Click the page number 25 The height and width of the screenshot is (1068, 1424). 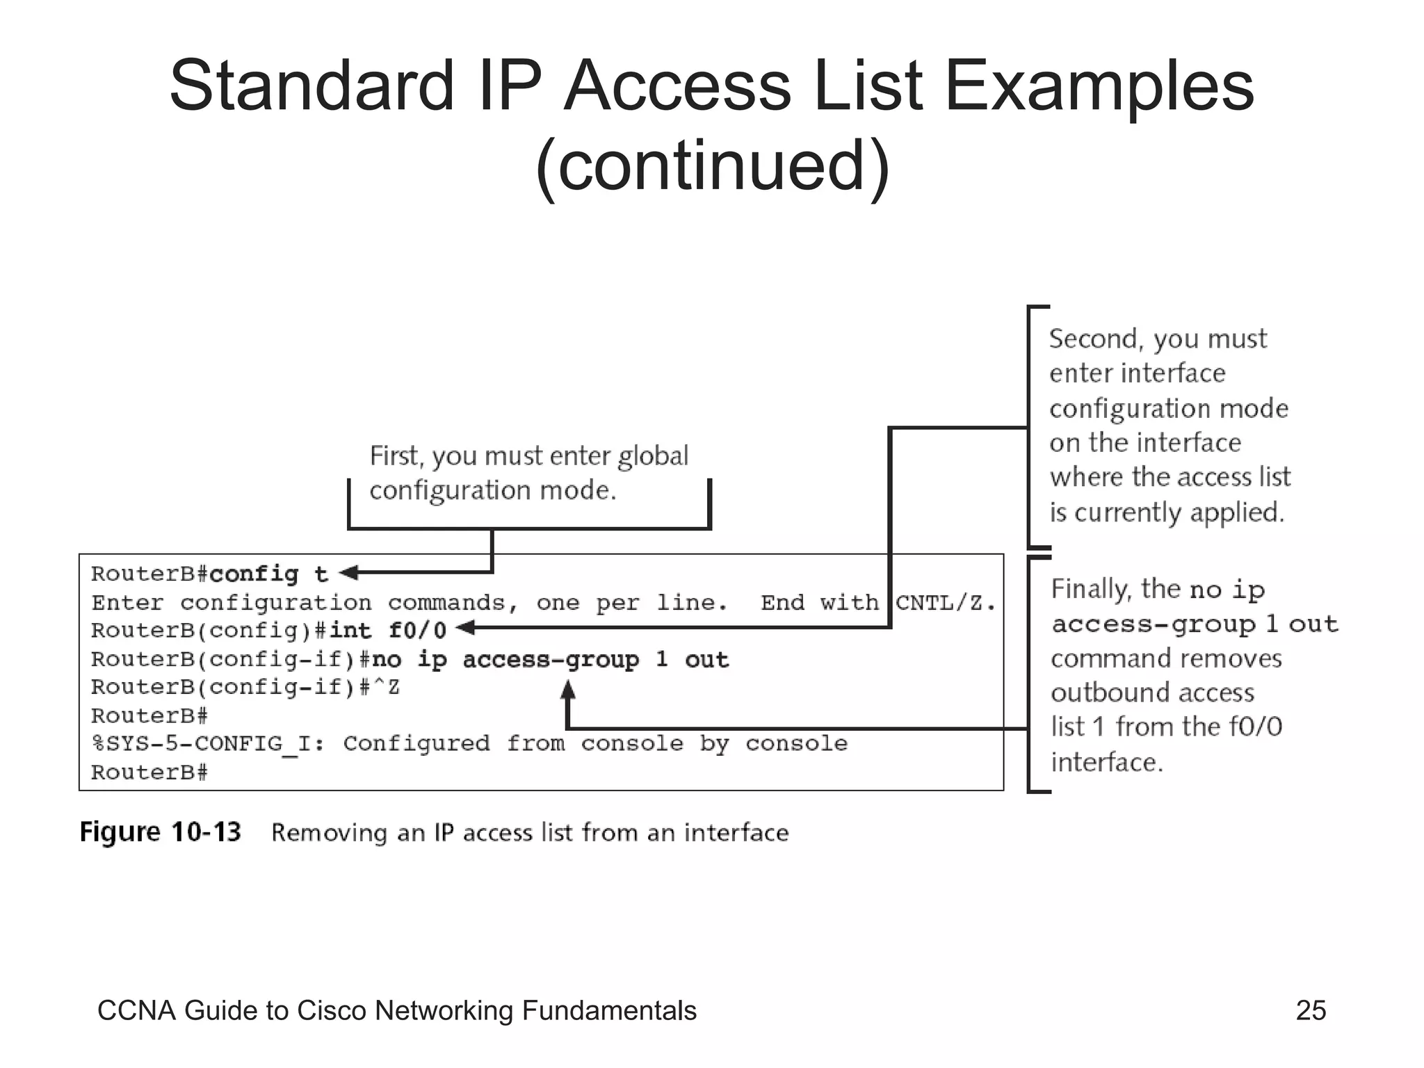pyautogui.click(x=1311, y=1010)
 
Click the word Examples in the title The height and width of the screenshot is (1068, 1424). pyautogui.click(x=1099, y=86)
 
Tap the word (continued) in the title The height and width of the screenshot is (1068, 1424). pyautogui.click(x=713, y=165)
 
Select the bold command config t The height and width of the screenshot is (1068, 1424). pyautogui.click(x=268, y=574)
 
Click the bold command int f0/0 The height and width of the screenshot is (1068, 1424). pyautogui.click(x=387, y=631)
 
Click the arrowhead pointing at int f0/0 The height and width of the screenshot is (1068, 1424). pyautogui.click(x=465, y=628)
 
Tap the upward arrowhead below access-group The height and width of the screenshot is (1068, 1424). pyautogui.click(x=568, y=689)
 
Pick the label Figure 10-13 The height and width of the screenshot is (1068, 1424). pyautogui.click(x=161, y=832)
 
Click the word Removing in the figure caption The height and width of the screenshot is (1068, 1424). pyautogui.click(x=329, y=833)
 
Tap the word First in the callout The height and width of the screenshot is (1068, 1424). pyautogui.click(x=394, y=456)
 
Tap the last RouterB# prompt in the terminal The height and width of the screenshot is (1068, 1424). pyautogui.click(x=149, y=772)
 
